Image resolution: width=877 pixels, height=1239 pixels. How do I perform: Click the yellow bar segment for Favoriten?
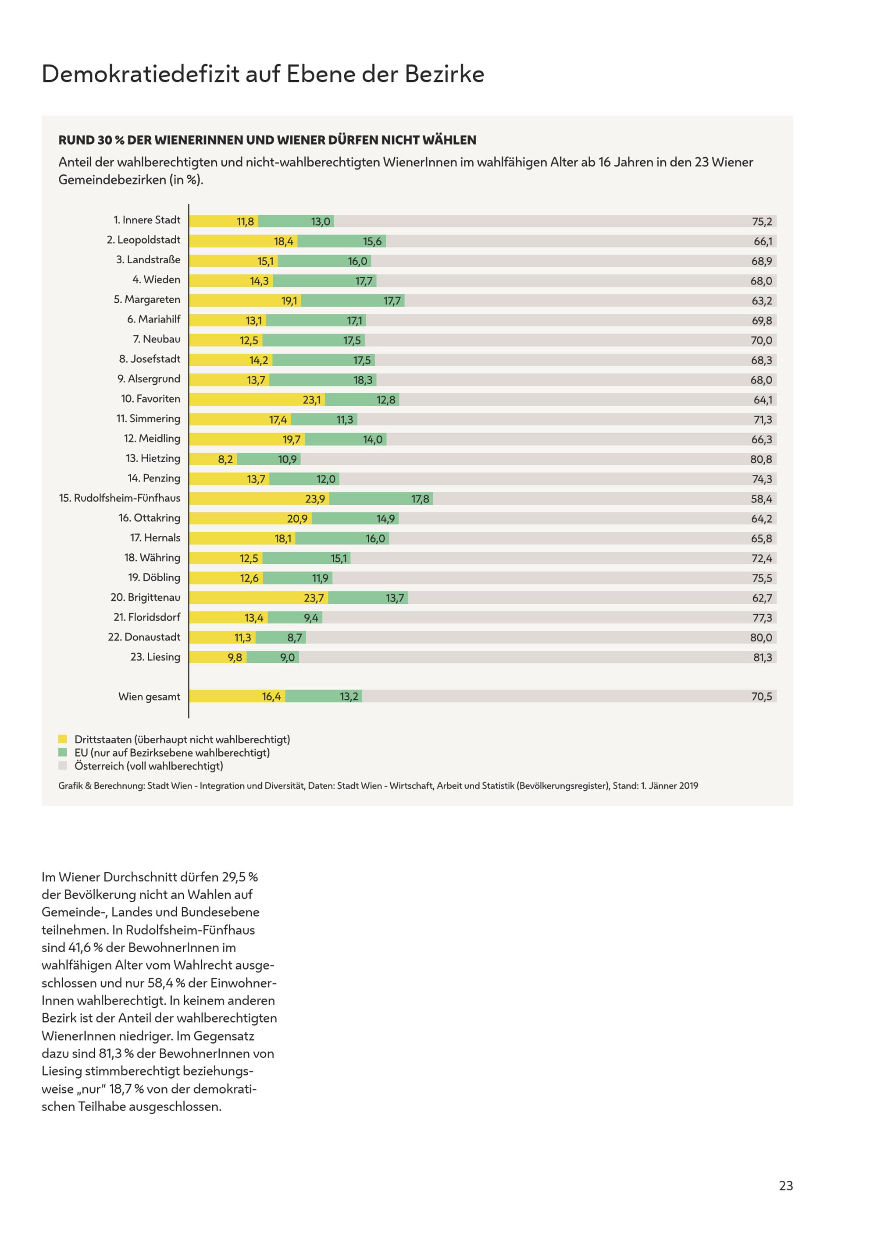(x=257, y=399)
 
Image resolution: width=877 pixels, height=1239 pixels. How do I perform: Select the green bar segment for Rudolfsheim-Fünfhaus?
(x=381, y=499)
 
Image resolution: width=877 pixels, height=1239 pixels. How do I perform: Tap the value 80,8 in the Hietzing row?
(x=761, y=459)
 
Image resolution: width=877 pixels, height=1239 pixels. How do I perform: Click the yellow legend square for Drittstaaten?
(x=63, y=739)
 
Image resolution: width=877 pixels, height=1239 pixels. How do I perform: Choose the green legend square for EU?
(x=63, y=752)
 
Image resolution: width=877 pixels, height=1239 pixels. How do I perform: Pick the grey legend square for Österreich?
(x=63, y=765)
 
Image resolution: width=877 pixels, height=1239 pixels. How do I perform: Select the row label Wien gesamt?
(x=150, y=697)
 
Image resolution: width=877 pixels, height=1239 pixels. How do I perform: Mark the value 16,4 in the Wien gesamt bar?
(x=271, y=697)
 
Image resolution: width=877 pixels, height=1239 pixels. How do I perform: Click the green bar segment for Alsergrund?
(x=323, y=380)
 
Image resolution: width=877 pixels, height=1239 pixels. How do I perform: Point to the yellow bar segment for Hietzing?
(x=213, y=459)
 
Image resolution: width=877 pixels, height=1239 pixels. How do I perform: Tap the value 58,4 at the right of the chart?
(x=761, y=499)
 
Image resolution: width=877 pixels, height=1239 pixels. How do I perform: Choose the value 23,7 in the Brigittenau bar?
(x=314, y=598)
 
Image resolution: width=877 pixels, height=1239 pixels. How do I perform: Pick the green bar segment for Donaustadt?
(x=281, y=637)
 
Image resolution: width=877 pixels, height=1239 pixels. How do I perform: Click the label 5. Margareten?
(x=147, y=300)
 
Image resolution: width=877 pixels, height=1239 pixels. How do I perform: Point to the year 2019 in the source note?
(x=688, y=786)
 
